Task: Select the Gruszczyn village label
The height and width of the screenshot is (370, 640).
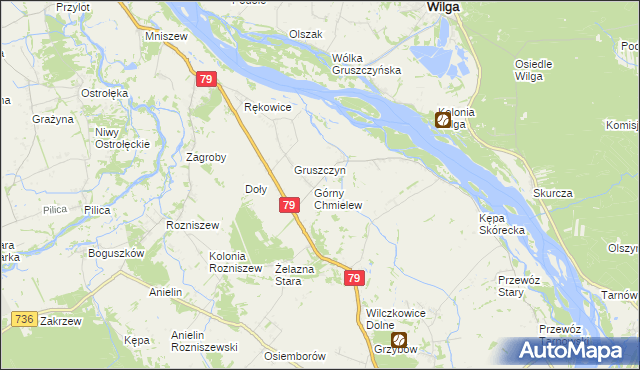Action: coord(319,170)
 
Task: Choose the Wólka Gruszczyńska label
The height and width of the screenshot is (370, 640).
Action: coord(366,63)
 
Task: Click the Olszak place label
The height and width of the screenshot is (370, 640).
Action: coord(306,34)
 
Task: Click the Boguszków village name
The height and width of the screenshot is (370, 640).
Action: coord(117,253)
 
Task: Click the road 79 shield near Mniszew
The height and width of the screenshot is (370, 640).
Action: coord(206,79)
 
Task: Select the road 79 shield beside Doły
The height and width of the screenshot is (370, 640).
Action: coord(288,205)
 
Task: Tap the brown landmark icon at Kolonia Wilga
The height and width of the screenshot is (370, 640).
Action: coord(443,120)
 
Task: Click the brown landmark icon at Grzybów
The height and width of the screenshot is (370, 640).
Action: coord(398,340)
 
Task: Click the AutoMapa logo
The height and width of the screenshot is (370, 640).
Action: coord(572,350)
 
